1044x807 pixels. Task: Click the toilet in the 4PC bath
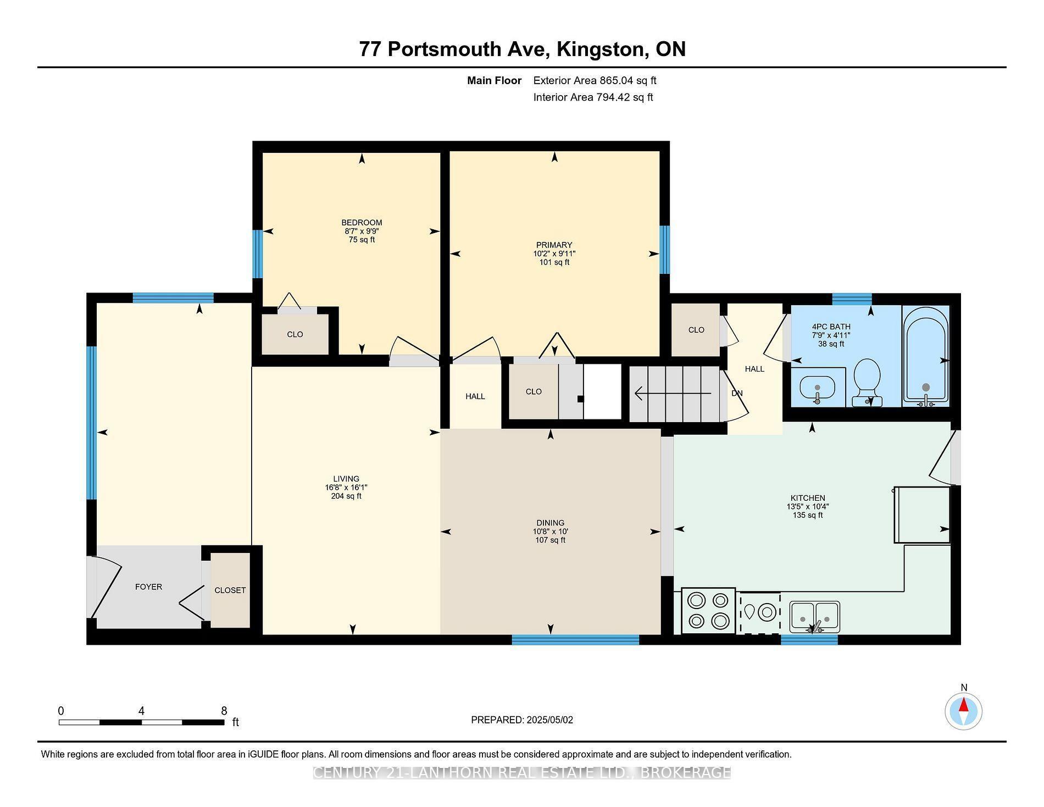tap(867, 380)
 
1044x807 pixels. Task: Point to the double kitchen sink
tap(814, 616)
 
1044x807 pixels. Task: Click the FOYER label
tap(148, 587)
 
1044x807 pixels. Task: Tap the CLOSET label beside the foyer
tap(230, 590)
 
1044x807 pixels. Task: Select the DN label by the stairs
tap(737, 394)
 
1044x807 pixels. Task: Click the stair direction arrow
tap(673, 394)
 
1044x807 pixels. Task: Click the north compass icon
tap(963, 711)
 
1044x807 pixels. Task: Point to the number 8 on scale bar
tap(224, 711)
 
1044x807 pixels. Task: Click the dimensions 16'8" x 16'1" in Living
tap(346, 488)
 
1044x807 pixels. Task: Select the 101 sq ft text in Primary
tap(554, 263)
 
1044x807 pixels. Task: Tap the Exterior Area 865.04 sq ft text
tap(595, 81)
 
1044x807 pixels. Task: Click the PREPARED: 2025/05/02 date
tap(522, 720)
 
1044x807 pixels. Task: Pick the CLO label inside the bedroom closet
tap(295, 335)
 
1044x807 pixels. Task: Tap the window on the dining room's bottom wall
tap(575, 639)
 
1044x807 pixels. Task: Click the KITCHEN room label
tap(807, 498)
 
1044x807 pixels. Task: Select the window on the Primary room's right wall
tap(664, 250)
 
